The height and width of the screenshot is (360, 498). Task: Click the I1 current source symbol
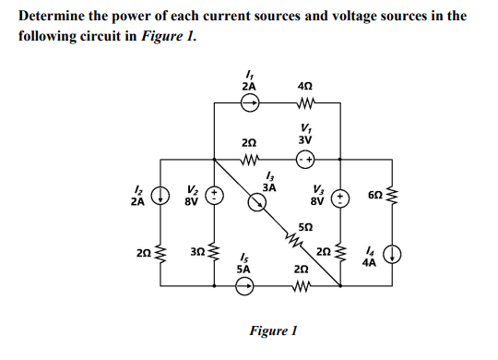(248, 104)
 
